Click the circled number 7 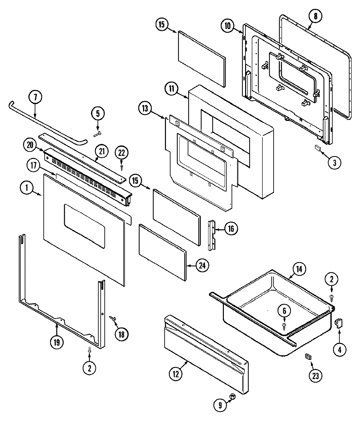pyautogui.click(x=35, y=98)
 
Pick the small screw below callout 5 pyautogui.click(x=98, y=134)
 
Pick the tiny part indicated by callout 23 pyautogui.click(x=307, y=356)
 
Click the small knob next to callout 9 pyautogui.click(x=233, y=396)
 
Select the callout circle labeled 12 pyautogui.click(x=176, y=374)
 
